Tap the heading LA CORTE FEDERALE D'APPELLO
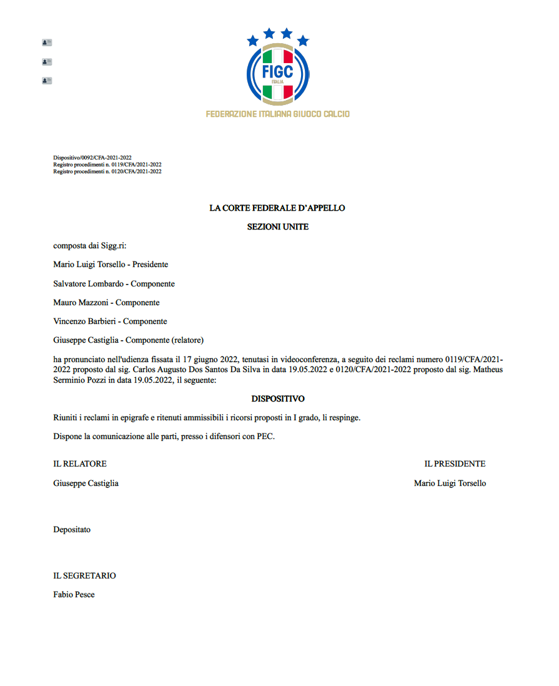coord(277,208)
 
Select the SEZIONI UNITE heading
coord(277,227)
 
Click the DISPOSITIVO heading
coord(277,398)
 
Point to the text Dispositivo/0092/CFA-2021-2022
coord(92,158)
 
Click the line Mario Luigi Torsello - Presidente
coord(111,265)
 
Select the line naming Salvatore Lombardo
coord(114,284)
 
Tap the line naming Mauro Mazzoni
coord(106,303)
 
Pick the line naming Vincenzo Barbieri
coord(110,321)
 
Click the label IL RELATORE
coord(80,464)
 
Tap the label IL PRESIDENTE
coord(455,464)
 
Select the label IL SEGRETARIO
coord(84,576)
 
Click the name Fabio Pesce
coord(74,595)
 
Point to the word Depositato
coord(72,530)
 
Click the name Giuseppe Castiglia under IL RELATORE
coord(86,483)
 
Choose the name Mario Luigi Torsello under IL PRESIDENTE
coord(450,483)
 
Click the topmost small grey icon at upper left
coord(47,43)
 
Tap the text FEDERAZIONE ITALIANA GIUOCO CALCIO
coord(277,114)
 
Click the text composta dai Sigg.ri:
coord(89,246)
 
